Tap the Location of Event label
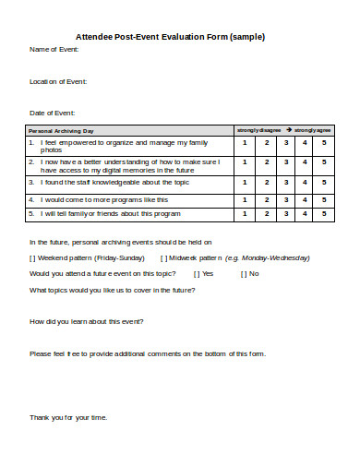[59, 82]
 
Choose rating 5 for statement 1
[324, 143]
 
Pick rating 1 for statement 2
[245, 164]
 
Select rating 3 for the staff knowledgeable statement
[287, 182]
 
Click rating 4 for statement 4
[305, 198]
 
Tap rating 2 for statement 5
[266, 213]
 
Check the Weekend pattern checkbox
[33, 257]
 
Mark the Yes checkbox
[197, 274]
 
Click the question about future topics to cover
[112, 290]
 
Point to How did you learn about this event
[87, 321]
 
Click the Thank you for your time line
[69, 417]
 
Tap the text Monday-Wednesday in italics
[271, 257]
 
